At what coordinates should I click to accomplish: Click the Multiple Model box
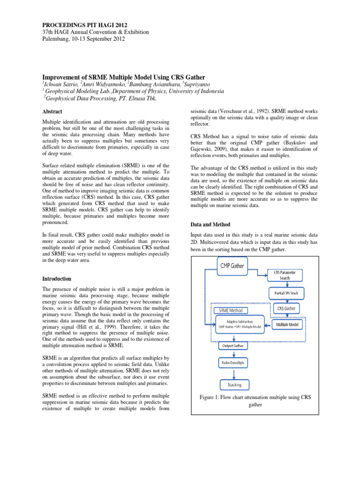coord(288,324)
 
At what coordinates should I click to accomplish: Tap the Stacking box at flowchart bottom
coord(235,384)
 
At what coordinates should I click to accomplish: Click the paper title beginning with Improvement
coord(124,76)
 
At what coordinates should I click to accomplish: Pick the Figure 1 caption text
coord(255,400)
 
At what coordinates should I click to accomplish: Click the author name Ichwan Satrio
coord(60,83)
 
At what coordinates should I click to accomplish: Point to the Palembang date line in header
coord(88,39)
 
